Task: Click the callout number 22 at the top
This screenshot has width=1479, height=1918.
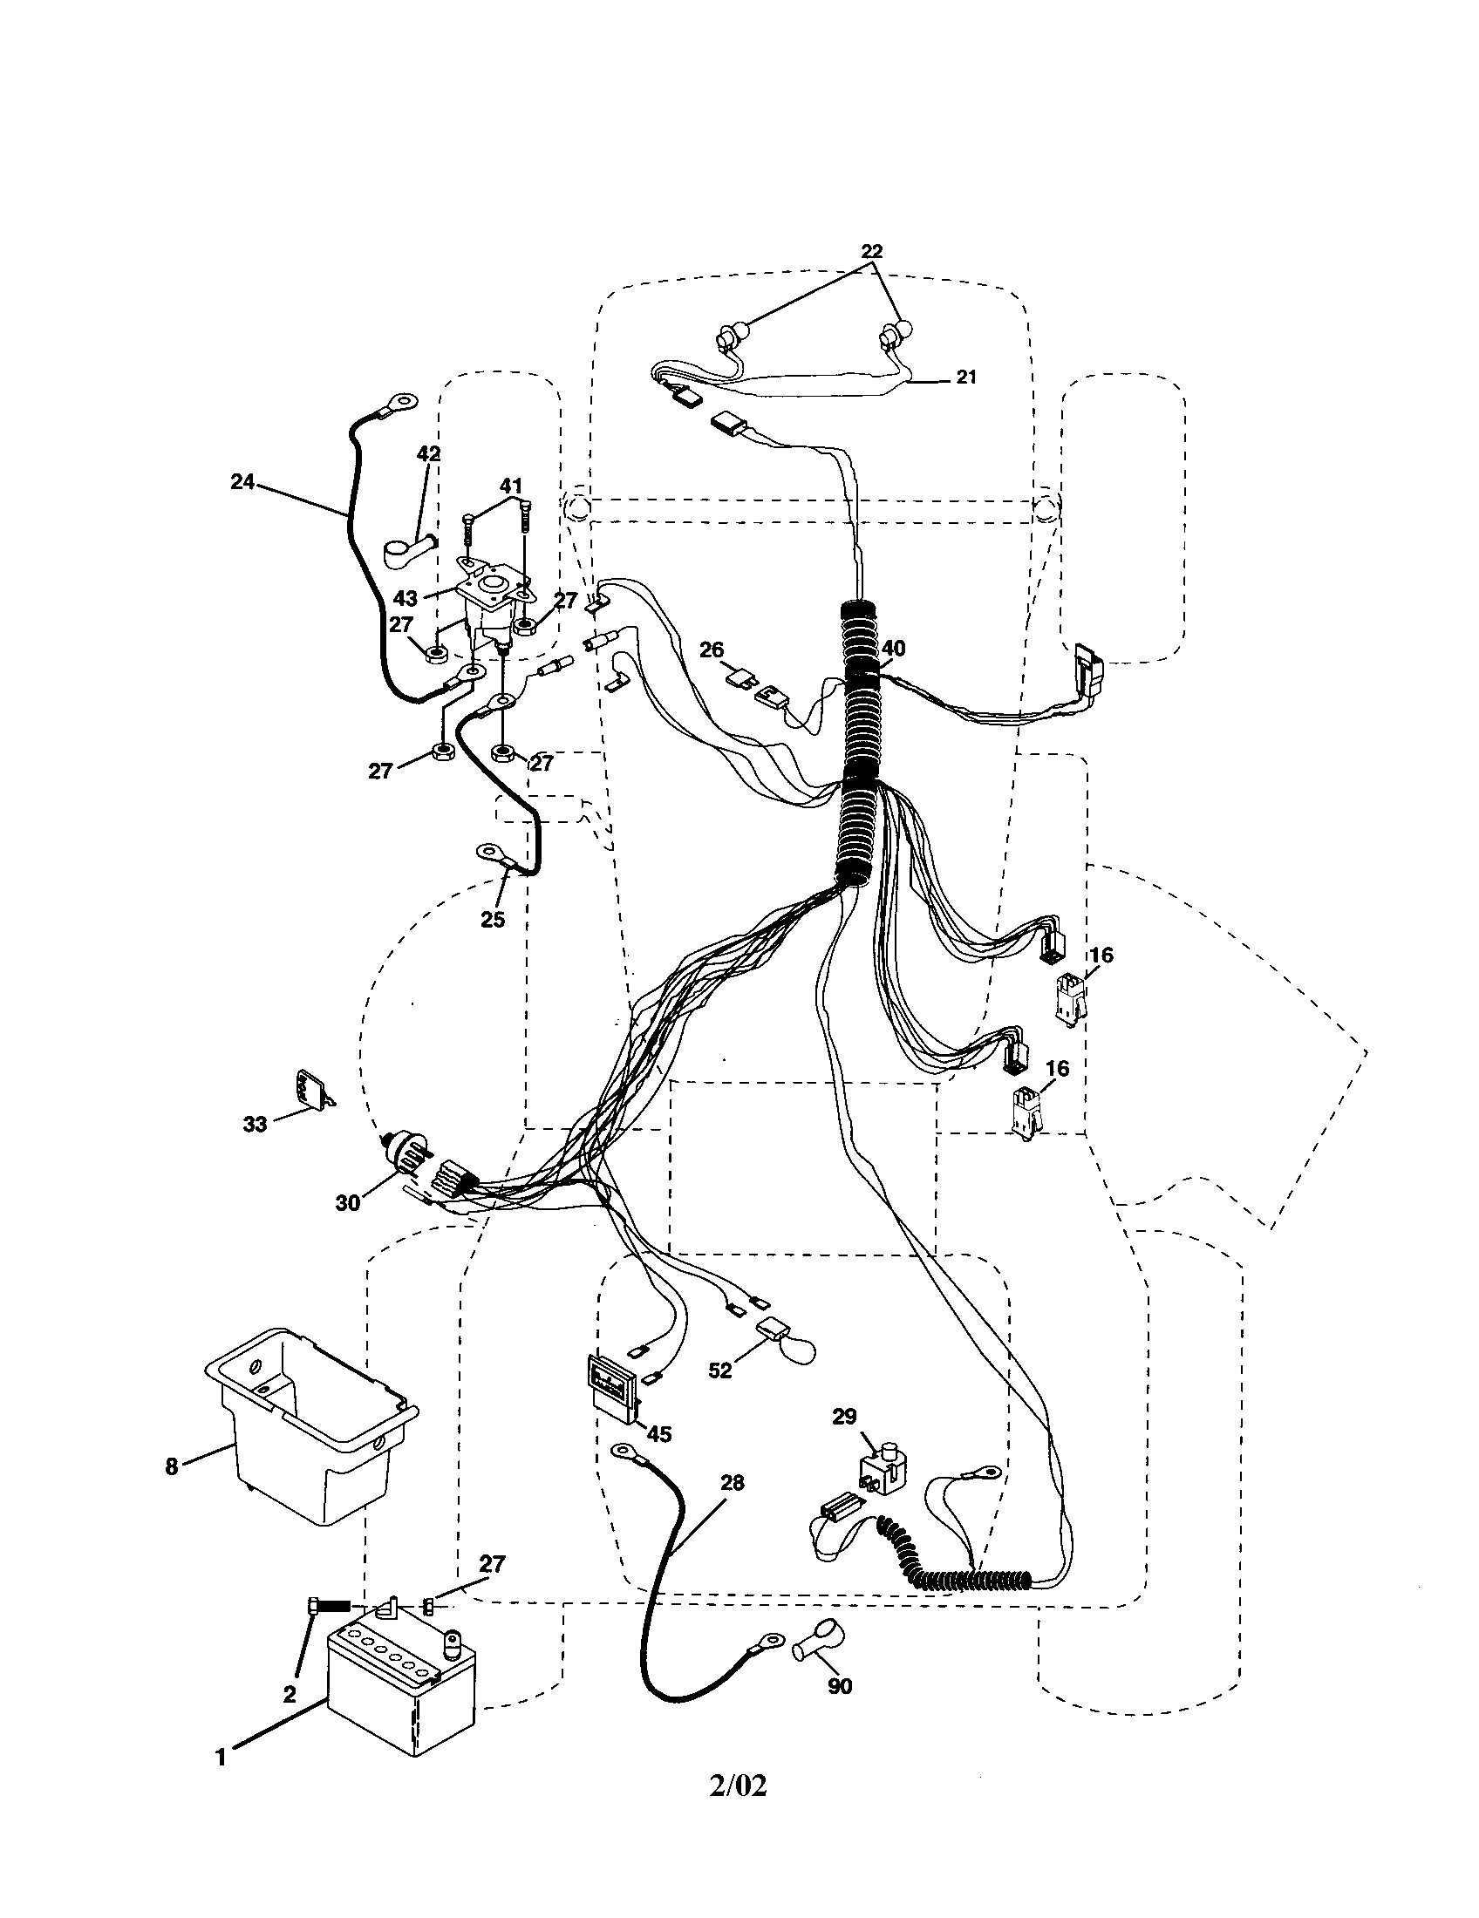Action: pyautogui.click(x=870, y=250)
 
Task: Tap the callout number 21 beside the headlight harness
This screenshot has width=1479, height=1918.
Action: pyautogui.click(x=966, y=378)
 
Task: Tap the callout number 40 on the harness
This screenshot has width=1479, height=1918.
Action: pyautogui.click(x=893, y=648)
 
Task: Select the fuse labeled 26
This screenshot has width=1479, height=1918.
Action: pyautogui.click(x=740, y=678)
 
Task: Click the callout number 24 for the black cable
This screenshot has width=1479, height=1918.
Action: pyautogui.click(x=242, y=480)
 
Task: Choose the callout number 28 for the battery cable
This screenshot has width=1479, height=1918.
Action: pyautogui.click(x=732, y=1482)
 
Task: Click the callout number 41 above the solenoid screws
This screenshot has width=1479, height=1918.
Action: pyautogui.click(x=511, y=486)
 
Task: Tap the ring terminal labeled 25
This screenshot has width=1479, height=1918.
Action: pyautogui.click(x=489, y=851)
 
